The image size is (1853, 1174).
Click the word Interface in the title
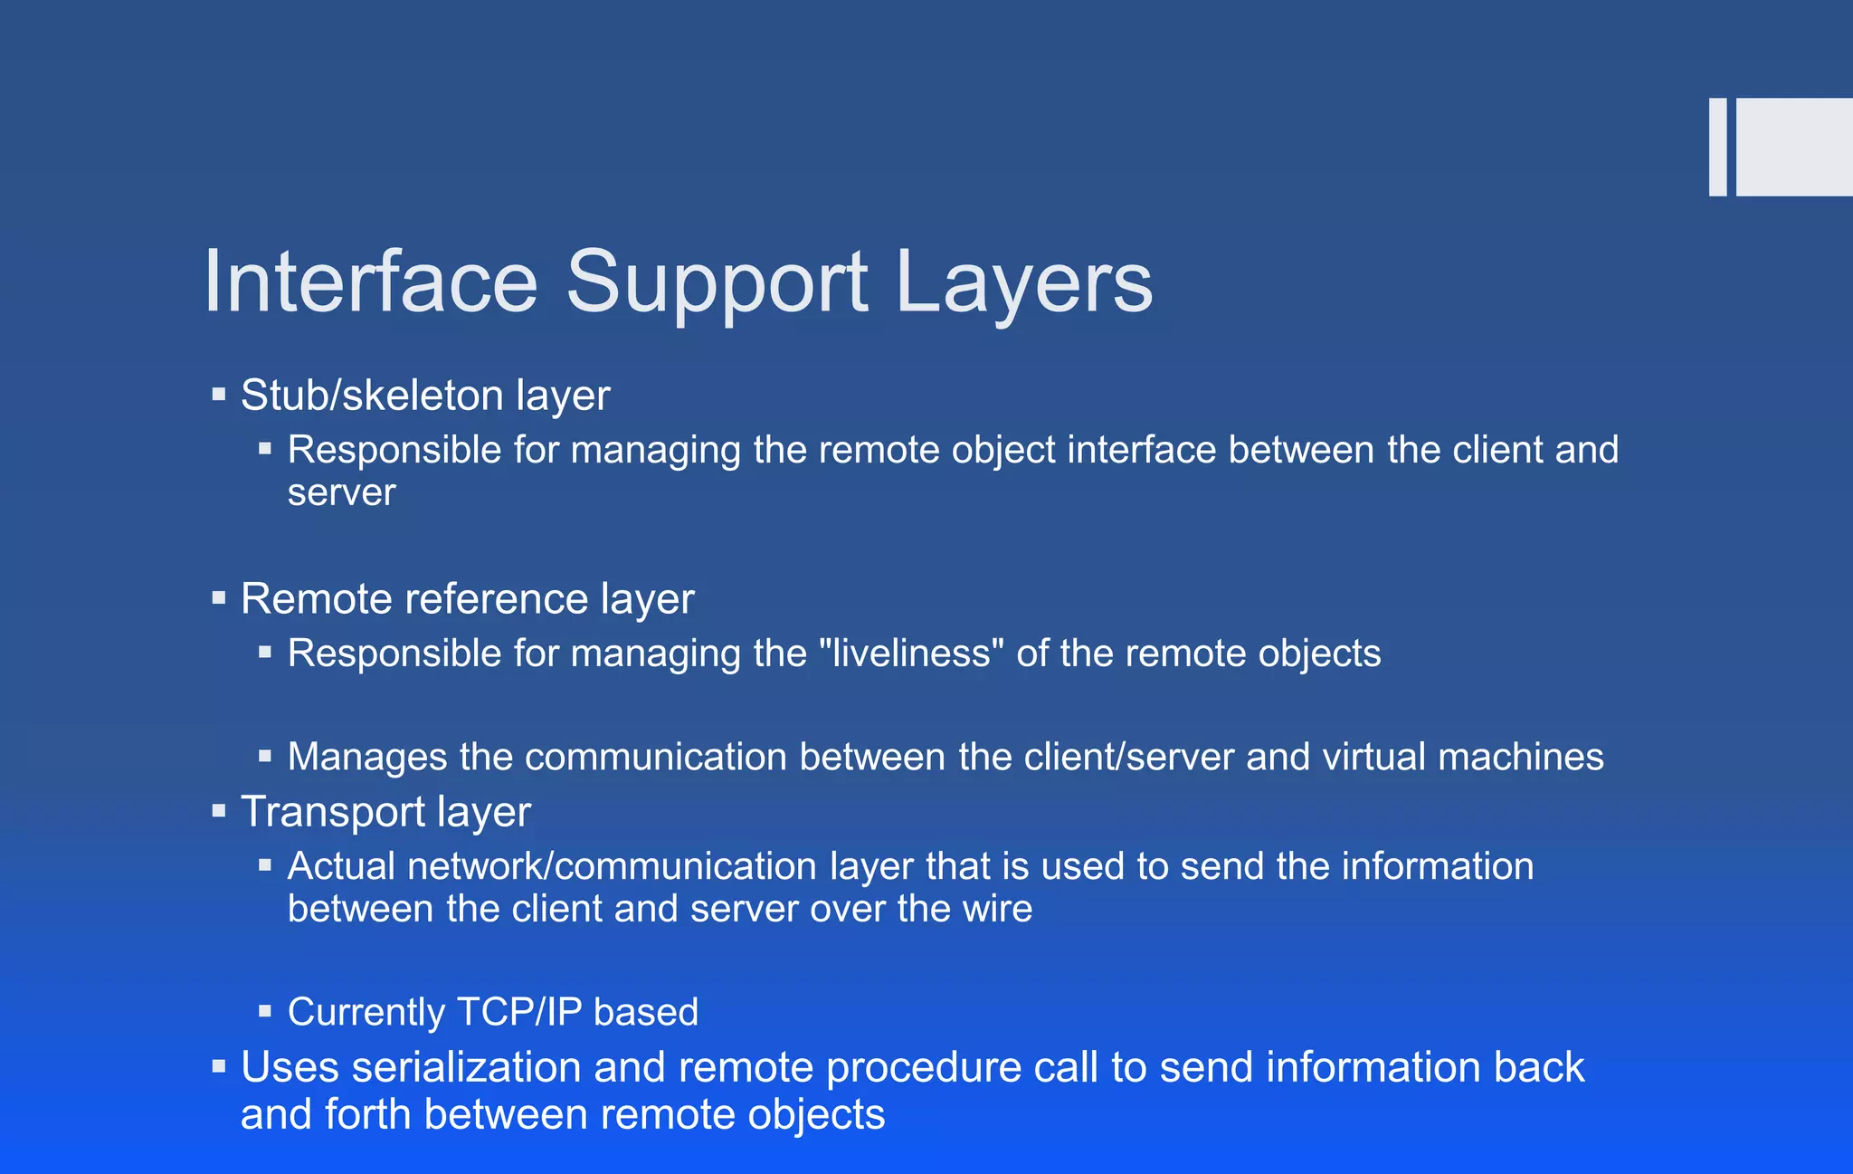[371, 282]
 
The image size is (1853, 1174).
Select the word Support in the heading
[717, 282]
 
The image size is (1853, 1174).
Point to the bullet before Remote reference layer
[218, 598]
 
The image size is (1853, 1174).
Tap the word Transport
[332, 812]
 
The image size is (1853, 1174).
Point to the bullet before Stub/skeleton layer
[218, 395]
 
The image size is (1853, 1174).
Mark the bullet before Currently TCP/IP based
[265, 1011]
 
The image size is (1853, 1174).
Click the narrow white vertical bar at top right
[1717, 147]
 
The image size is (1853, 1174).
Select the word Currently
[366, 1012]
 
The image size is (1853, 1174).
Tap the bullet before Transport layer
[218, 811]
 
